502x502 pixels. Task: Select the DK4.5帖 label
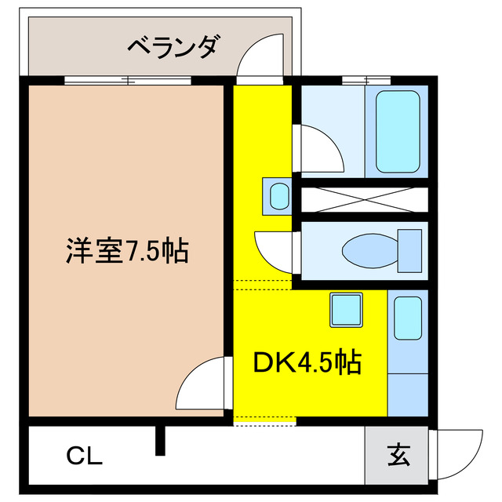click(307, 362)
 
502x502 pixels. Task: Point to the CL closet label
click(85, 456)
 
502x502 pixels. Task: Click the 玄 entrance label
click(397, 454)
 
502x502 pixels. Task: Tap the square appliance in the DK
click(345, 310)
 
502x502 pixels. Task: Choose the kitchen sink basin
click(408, 318)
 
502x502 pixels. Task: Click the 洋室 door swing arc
click(202, 383)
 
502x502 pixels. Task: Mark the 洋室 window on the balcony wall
click(127, 79)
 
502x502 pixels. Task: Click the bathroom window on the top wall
click(366, 79)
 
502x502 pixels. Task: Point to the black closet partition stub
click(161, 441)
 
